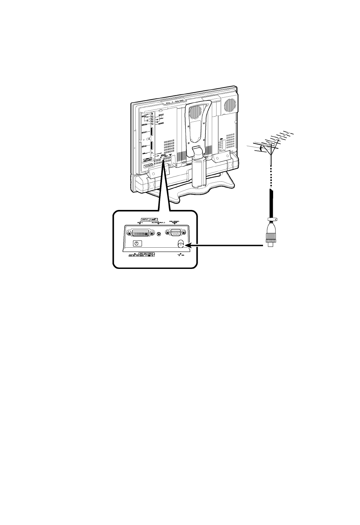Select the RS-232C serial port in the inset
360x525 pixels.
[x=175, y=233]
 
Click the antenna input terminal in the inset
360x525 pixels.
[x=181, y=245]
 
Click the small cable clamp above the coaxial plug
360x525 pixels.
[x=271, y=219]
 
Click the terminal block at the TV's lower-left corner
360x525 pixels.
[x=146, y=165]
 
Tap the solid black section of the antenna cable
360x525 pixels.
[x=271, y=202]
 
